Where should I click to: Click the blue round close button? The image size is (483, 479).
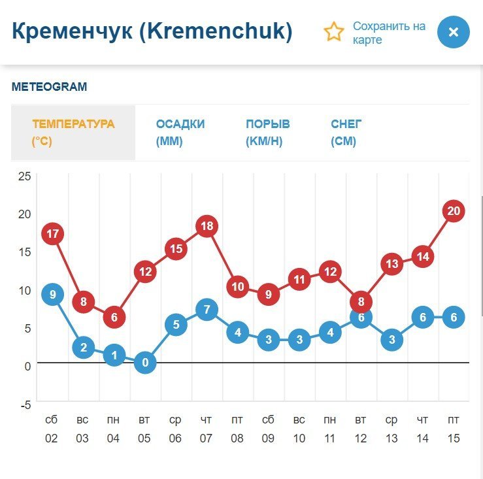click(454, 32)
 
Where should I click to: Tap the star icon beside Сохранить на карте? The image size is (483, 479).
click(334, 32)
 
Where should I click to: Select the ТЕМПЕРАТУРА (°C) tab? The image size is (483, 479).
click(73, 133)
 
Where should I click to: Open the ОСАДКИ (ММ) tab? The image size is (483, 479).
click(180, 133)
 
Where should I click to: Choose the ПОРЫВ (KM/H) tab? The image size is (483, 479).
click(267, 133)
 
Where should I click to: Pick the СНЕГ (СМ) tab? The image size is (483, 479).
click(346, 133)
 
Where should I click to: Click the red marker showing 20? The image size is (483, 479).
click(454, 211)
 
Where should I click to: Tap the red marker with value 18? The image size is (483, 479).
click(207, 226)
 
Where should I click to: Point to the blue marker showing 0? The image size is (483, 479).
click(145, 363)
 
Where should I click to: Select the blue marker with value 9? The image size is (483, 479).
click(52, 295)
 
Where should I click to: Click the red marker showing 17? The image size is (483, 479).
click(52, 234)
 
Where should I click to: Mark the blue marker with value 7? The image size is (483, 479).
click(207, 310)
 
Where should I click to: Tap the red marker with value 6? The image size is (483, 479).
click(114, 318)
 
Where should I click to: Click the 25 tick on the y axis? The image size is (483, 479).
click(24, 176)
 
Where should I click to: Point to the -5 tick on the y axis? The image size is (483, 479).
click(24, 405)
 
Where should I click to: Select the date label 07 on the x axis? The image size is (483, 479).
click(206, 438)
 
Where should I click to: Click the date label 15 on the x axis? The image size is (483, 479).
click(453, 438)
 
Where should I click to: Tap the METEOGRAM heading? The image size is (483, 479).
click(49, 87)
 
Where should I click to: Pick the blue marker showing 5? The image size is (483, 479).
click(176, 325)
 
